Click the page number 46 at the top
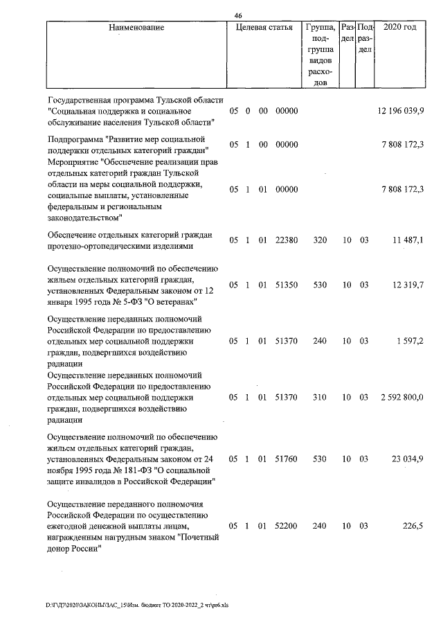click(x=238, y=16)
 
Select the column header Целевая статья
click(x=264, y=28)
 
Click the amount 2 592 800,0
click(x=401, y=397)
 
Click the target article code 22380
click(x=286, y=239)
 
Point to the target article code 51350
click(x=286, y=285)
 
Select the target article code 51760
click(x=286, y=459)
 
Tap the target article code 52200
click(x=286, y=526)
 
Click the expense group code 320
click(x=319, y=239)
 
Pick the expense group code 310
click(x=319, y=397)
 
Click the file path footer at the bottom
click(x=136, y=604)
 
